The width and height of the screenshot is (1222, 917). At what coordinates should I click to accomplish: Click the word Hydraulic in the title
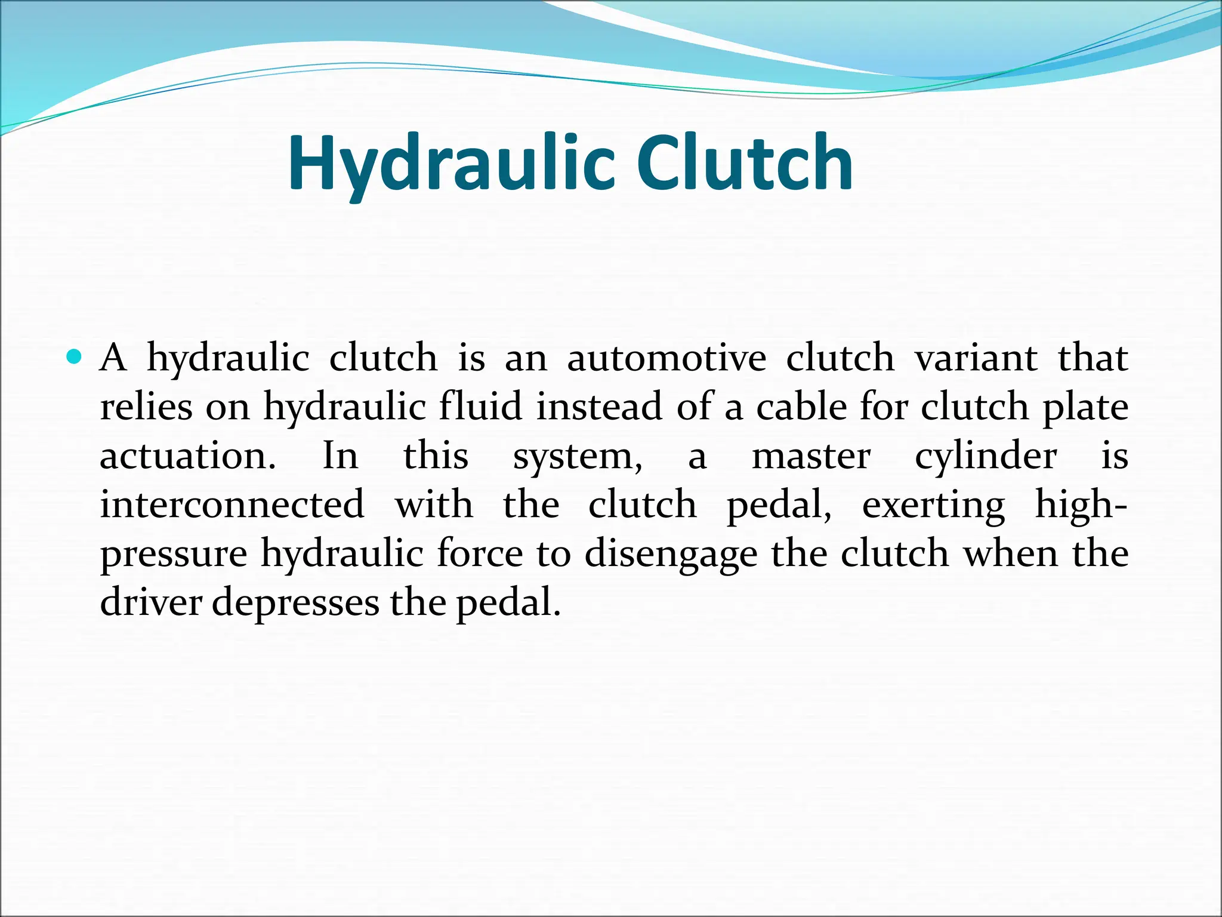pos(450,164)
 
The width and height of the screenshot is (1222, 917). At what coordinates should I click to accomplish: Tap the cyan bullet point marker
pos(74,357)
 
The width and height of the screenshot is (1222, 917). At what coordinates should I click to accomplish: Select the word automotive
pos(666,358)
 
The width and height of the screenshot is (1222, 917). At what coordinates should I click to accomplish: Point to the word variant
pos(976,358)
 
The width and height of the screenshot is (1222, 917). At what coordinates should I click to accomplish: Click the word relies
pos(146,407)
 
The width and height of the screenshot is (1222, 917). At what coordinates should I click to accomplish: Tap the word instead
pos(599,407)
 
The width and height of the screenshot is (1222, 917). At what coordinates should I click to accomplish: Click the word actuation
pos(187,456)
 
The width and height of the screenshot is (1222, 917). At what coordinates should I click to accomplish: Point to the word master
pos(811,456)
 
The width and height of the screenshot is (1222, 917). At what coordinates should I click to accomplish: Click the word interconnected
pos(232,505)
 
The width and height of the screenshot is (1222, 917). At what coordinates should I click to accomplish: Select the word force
pos(480,554)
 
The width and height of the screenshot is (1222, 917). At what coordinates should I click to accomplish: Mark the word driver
pos(151,603)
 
